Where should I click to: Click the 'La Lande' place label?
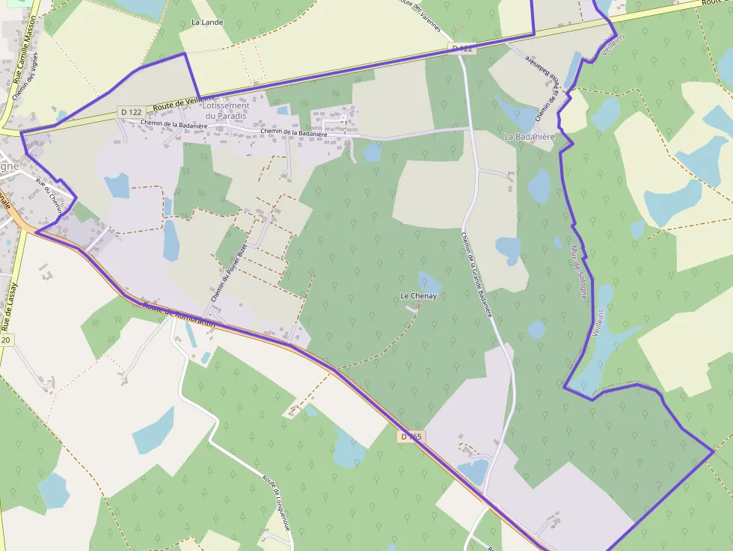(x=207, y=22)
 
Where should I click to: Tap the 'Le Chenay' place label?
(x=418, y=296)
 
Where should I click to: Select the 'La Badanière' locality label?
(x=529, y=137)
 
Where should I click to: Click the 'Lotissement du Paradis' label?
(x=226, y=111)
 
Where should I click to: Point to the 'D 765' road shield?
(x=411, y=437)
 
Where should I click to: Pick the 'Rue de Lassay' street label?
(x=10, y=307)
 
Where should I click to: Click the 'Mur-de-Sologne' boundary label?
(x=578, y=272)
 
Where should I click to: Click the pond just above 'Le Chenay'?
(x=430, y=283)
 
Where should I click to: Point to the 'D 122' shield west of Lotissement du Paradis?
(x=130, y=112)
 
